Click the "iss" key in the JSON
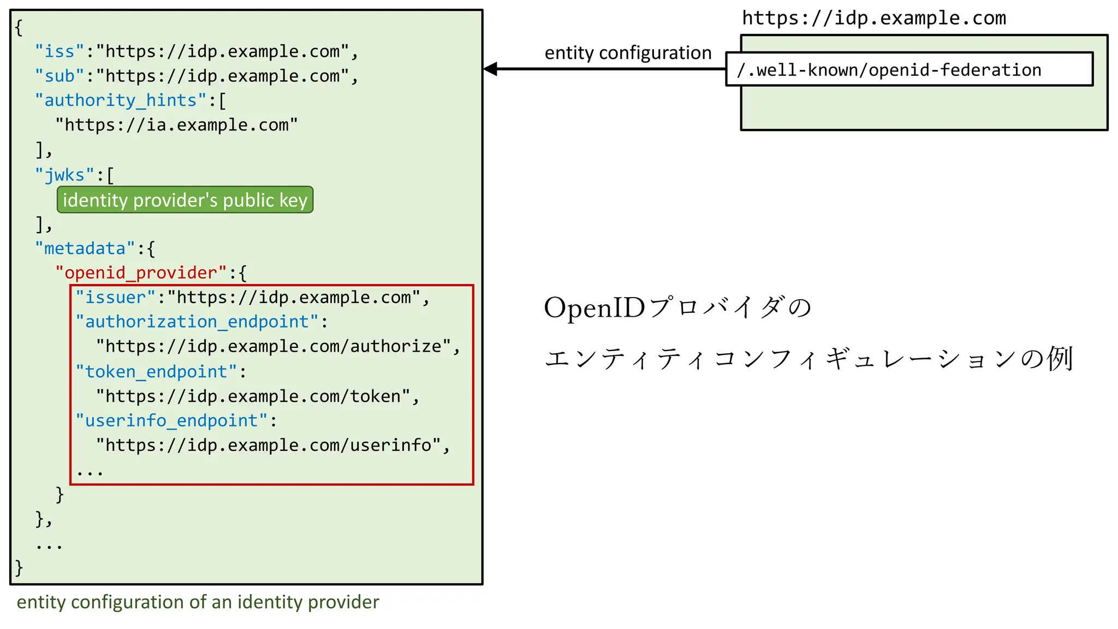tap(60, 51)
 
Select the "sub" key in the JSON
tap(60, 76)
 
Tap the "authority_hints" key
tap(121, 100)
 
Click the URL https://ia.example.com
tap(176, 125)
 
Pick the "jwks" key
tap(64, 175)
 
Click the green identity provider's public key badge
tap(185, 200)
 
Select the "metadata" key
tap(85, 249)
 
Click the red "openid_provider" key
tap(141, 273)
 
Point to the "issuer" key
tap(115, 298)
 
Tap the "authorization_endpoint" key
tap(197, 322)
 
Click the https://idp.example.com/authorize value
tap(273, 347)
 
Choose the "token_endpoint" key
tap(156, 372)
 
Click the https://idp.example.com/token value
tap(253, 396)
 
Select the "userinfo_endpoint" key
tap(171, 421)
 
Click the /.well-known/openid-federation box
tap(909, 69)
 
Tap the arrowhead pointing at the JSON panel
tap(491, 69)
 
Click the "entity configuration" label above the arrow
tap(628, 53)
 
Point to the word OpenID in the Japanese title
tap(594, 308)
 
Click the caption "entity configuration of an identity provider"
tap(198, 602)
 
